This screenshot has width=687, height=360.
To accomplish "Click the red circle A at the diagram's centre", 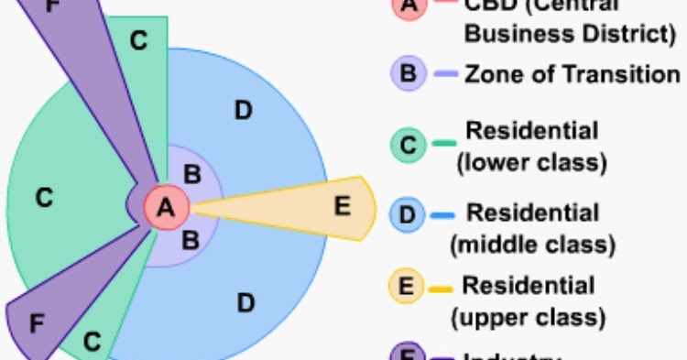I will pyautogui.click(x=166, y=208).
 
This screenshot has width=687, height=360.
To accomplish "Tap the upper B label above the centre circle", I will pyautogui.click(x=192, y=172).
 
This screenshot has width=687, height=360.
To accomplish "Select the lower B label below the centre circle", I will pyautogui.click(x=191, y=242).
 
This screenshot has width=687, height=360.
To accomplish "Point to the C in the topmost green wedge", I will pyautogui.click(x=137, y=41).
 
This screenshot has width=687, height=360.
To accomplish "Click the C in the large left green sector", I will pyautogui.click(x=44, y=197).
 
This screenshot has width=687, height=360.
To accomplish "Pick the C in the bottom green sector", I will pyautogui.click(x=92, y=342).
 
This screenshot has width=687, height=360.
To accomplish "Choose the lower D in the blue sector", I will pyautogui.click(x=245, y=301).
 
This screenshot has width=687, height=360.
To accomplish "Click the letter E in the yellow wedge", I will pyautogui.click(x=342, y=206).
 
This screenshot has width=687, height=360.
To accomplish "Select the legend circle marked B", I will pyautogui.click(x=407, y=74).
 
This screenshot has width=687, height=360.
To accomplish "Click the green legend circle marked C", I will pyautogui.click(x=407, y=144).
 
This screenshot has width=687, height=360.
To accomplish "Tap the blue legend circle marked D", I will pyautogui.click(x=407, y=217).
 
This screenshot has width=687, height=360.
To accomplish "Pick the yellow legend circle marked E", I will pyautogui.click(x=407, y=287).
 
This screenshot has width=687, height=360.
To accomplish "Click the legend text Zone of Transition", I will pyautogui.click(x=572, y=74).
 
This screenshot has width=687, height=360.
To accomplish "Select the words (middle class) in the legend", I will pyautogui.click(x=532, y=245).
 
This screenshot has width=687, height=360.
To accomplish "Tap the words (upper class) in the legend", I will pyautogui.click(x=528, y=318).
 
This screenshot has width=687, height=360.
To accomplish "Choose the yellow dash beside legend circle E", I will pyautogui.click(x=442, y=287).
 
